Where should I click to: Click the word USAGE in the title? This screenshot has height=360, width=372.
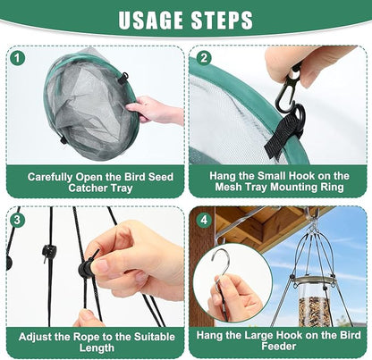point(151,21)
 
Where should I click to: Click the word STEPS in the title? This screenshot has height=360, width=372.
point(222,21)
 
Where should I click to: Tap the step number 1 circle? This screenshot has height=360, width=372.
point(18,58)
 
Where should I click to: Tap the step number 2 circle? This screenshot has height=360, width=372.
point(204,58)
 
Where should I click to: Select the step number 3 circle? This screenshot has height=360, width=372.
point(17,220)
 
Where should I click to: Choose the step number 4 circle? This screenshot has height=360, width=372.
point(204,220)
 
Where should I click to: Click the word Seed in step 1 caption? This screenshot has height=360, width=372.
point(161,177)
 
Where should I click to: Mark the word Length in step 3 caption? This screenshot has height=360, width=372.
point(97,347)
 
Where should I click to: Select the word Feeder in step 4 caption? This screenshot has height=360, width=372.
point(278,347)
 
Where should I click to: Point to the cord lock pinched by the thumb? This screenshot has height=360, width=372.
point(86,265)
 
